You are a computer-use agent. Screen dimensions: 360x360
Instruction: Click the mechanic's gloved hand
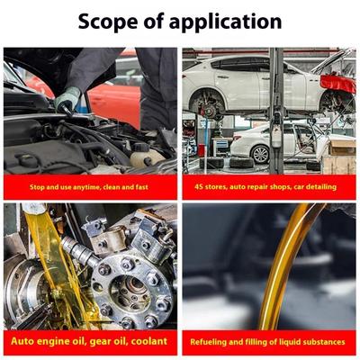67,100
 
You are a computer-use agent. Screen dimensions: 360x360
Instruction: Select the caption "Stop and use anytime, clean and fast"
89,187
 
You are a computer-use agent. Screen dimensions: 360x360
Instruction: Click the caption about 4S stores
265,187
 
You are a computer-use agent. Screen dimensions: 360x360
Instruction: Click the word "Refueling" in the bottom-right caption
209,342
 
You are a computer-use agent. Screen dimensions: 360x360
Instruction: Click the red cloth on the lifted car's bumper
337,84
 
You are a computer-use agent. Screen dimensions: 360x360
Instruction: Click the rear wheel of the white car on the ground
260,154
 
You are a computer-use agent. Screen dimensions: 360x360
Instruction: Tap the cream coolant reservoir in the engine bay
146,157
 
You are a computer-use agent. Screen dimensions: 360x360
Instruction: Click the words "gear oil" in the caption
110,341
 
